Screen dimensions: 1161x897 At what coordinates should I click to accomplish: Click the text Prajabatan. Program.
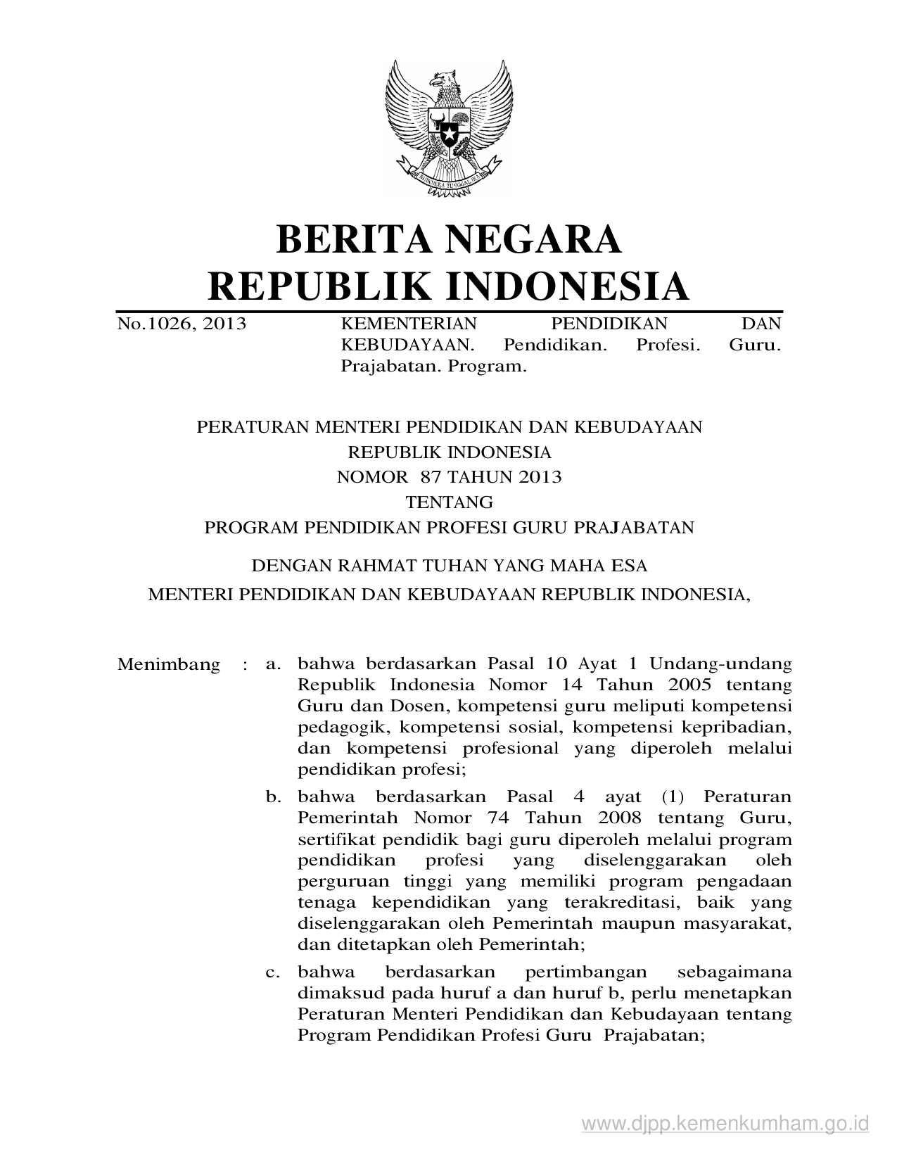coord(433,366)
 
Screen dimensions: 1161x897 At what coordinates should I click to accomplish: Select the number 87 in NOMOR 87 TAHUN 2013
coord(430,477)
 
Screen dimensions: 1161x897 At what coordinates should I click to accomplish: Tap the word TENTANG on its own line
coord(449,502)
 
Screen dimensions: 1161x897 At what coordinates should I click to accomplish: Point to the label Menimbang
coord(168,664)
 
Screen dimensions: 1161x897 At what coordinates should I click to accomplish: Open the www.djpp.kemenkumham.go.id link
coord(725,1124)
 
